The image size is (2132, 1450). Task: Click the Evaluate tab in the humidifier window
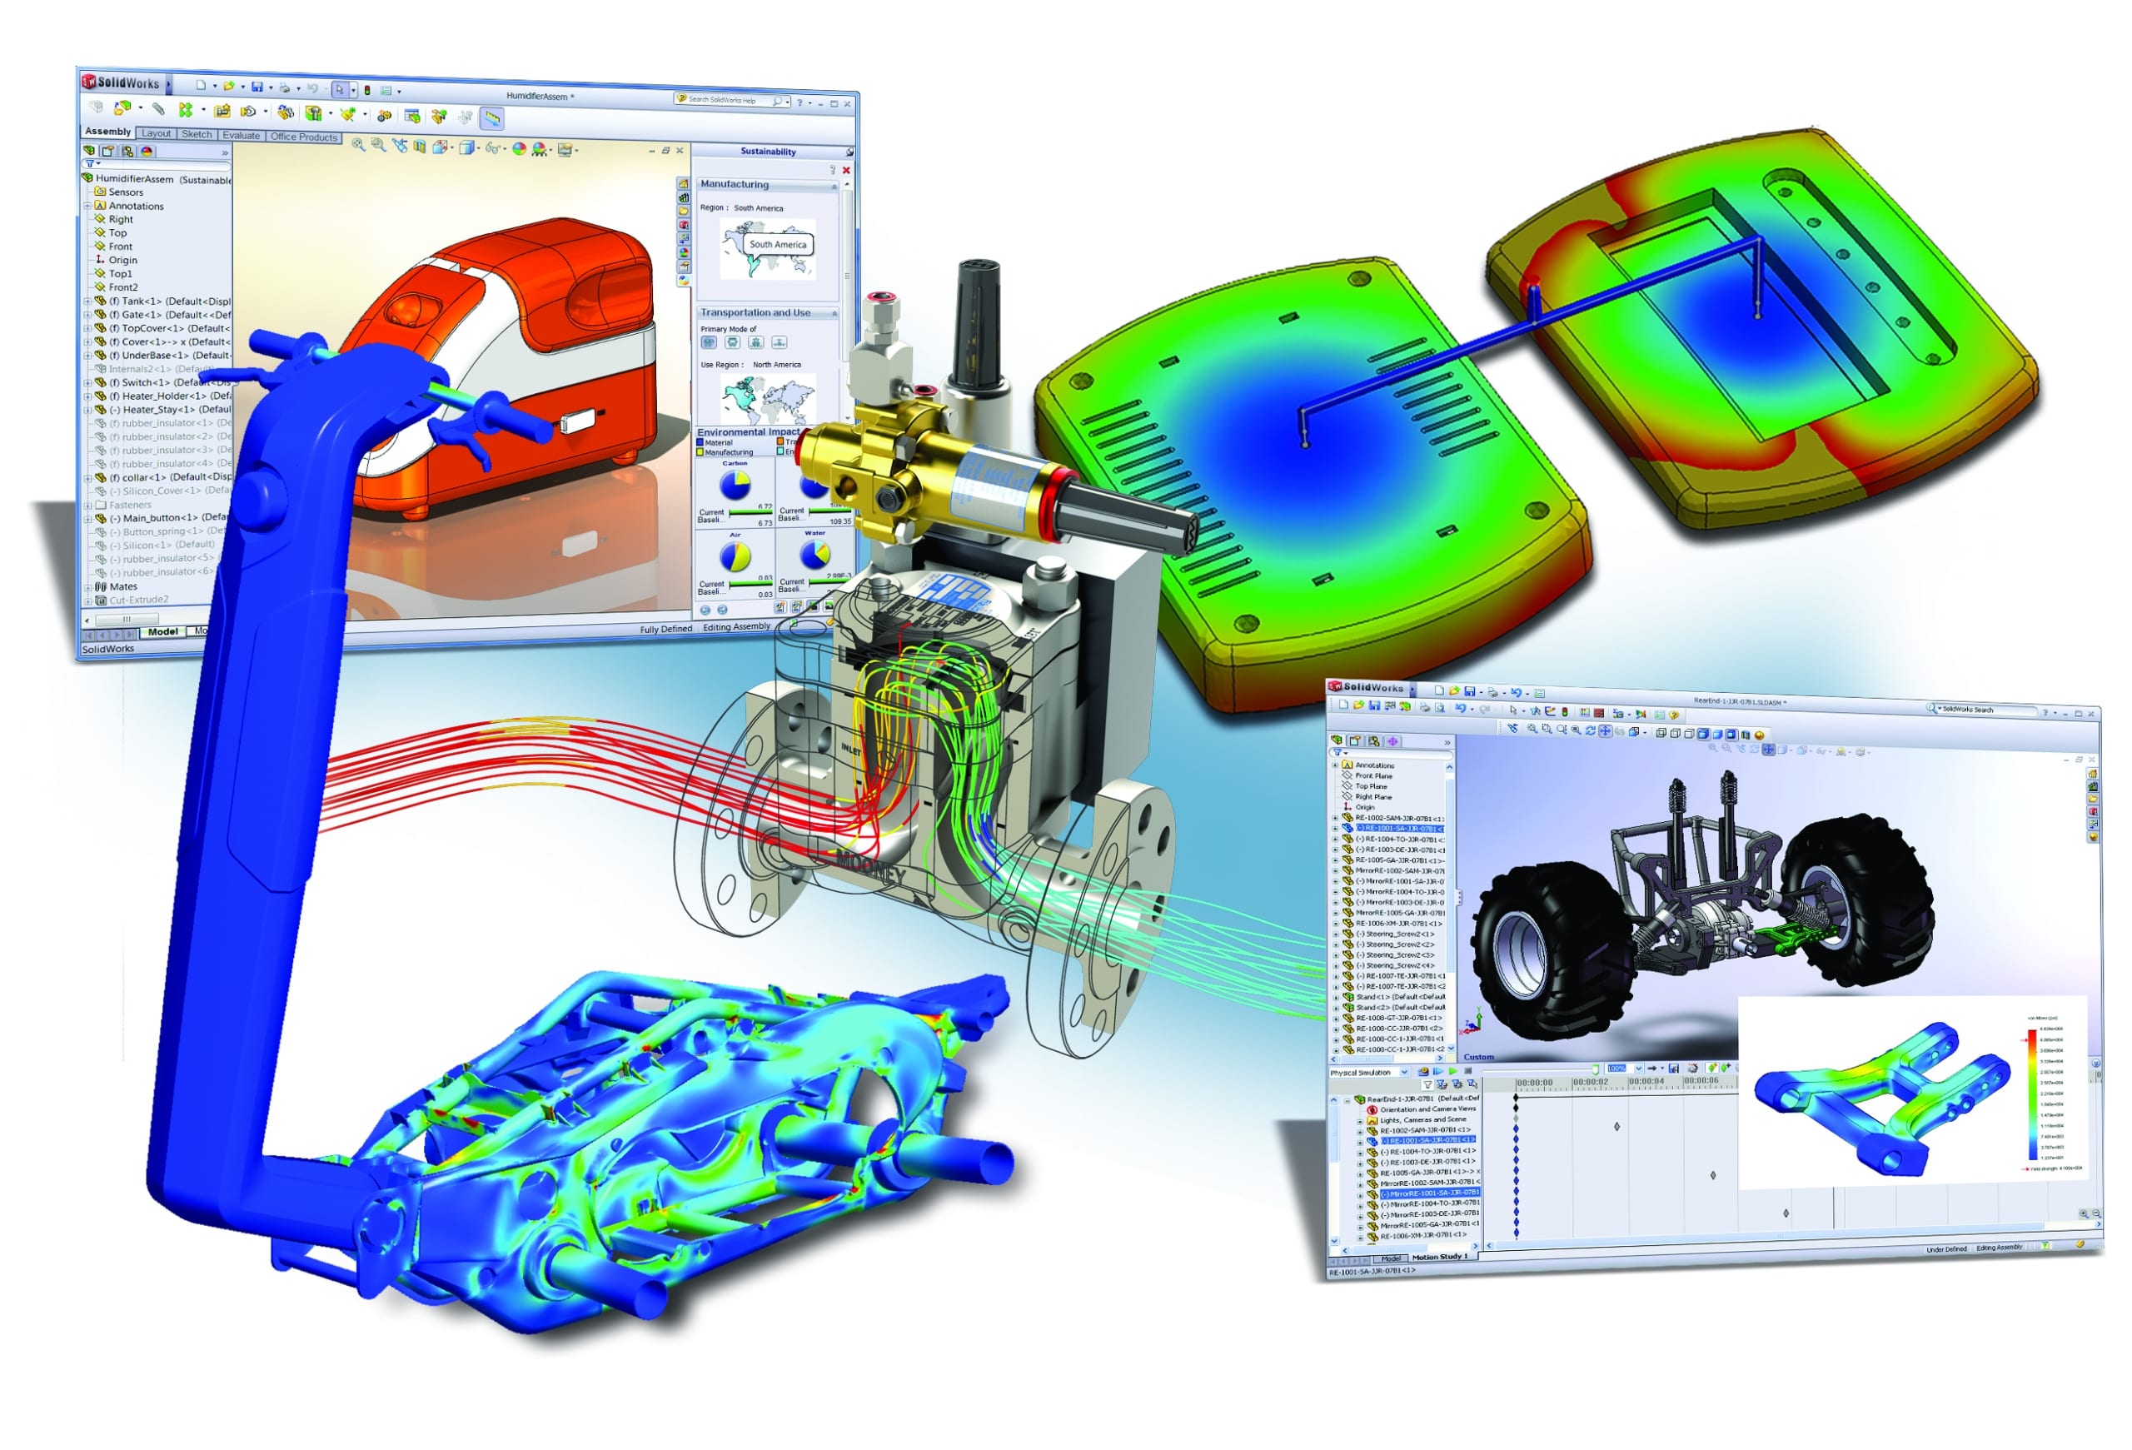pos(242,135)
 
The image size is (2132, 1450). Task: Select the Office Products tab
pos(304,137)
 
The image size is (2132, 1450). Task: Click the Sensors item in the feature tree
pos(126,192)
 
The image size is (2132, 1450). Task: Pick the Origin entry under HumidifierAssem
pos(122,260)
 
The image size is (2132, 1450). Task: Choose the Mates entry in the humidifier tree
pos(123,586)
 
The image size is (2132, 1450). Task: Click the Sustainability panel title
pos(768,152)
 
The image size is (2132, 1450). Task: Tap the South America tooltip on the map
pos(778,245)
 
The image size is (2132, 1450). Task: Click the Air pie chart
pos(735,556)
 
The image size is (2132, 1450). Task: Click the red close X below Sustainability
pos(846,171)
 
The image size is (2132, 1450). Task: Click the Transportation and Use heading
pos(755,313)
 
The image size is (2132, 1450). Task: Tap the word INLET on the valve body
pos(851,750)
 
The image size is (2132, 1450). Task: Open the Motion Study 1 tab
pos(1439,1257)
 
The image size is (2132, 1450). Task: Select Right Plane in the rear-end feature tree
pos(1372,796)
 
